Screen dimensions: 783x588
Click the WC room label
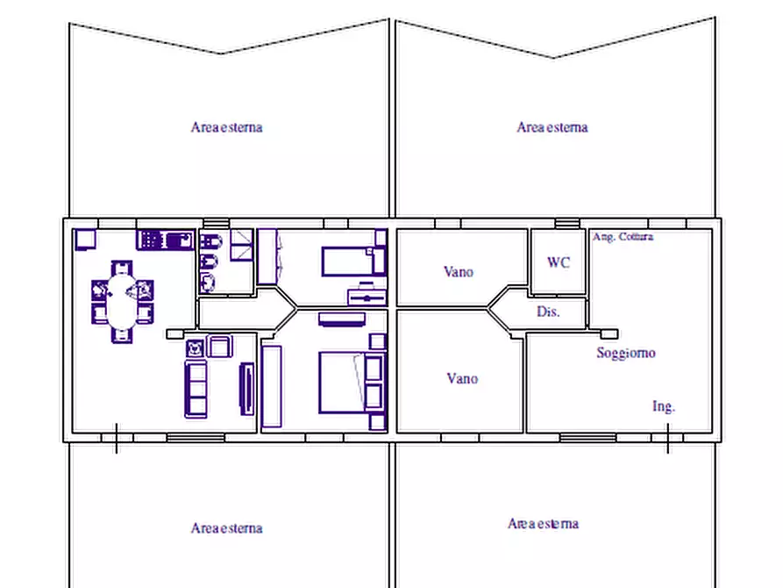[x=559, y=262]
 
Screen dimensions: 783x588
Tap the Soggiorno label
[x=626, y=353]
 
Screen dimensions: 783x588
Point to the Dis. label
[x=548, y=312]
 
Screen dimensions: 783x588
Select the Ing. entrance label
[x=664, y=406]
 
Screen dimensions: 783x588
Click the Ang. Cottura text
[x=623, y=236]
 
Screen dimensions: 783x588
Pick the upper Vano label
[x=459, y=271]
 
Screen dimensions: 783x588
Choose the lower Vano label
[x=462, y=378]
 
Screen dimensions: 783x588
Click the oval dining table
[x=121, y=302]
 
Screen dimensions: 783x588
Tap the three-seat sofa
[x=196, y=389]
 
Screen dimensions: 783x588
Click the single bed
[x=354, y=261]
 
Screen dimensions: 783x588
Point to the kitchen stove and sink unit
[x=166, y=240]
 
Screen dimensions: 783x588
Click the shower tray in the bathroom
[x=242, y=245]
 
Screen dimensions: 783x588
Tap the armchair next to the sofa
[x=218, y=346]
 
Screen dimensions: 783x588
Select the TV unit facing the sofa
[x=247, y=389]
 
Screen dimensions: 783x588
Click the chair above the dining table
[x=121, y=268]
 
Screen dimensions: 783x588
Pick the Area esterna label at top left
[x=226, y=127]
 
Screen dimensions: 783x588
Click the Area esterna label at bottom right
[x=544, y=524]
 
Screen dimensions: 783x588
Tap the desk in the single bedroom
[x=367, y=296]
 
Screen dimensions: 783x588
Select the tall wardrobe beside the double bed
[x=271, y=386]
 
